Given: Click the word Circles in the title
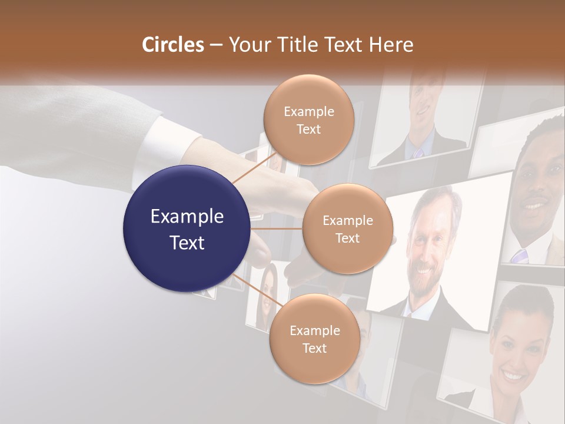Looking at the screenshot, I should click(x=173, y=45).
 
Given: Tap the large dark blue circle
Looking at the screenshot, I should click(x=187, y=228).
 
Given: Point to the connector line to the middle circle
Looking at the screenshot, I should click(x=277, y=228).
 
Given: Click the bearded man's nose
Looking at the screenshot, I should click(x=425, y=250).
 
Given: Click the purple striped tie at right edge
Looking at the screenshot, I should click(x=519, y=256).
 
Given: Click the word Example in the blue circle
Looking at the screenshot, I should click(x=187, y=217).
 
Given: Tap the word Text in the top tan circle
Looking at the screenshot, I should click(x=308, y=130).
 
